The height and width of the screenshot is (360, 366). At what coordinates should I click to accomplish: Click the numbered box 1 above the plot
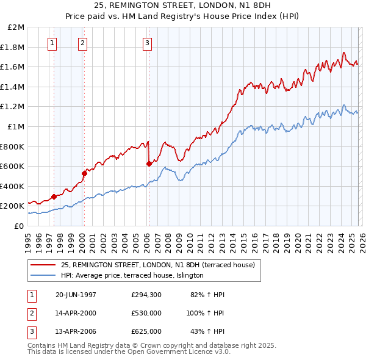tap(52, 43)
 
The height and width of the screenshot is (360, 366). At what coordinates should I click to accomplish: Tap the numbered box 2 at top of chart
tap(82, 43)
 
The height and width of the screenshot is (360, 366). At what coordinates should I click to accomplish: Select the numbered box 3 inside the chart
tap(148, 43)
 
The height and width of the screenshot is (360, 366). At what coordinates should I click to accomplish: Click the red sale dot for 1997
tap(54, 196)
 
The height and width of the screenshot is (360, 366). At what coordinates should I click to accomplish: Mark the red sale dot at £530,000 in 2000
tap(85, 173)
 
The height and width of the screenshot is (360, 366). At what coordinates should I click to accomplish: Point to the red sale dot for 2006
tap(149, 164)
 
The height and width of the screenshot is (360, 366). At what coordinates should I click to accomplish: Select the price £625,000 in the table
tap(146, 331)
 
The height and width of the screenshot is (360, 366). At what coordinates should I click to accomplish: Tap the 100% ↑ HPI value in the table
tap(206, 313)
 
